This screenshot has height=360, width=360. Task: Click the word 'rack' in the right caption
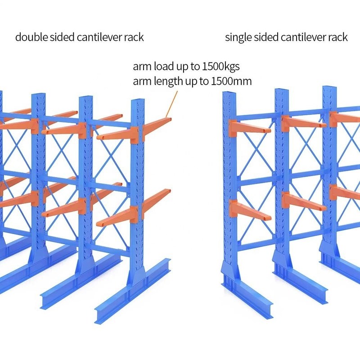pyautogui.click(x=337, y=37)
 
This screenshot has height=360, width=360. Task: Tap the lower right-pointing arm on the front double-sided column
pyautogui.click(x=156, y=198)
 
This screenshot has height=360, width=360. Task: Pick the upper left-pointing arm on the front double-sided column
pyautogui.click(x=115, y=134)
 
